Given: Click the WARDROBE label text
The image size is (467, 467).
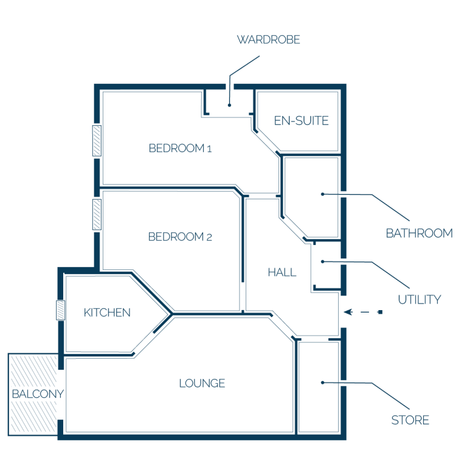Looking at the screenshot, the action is tap(268, 40).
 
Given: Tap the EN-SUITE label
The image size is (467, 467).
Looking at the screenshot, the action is tap(301, 120).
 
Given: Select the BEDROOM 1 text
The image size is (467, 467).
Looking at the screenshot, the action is tap(180, 148).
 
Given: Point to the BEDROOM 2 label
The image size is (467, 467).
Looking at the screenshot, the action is tap(180, 237).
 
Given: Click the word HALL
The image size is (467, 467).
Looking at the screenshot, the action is tap(282, 272).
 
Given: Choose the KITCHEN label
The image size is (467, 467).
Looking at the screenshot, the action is tap(107, 313).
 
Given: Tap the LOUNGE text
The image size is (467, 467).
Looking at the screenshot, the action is tap(202, 383).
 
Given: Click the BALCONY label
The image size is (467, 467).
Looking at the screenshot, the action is tap(38, 394).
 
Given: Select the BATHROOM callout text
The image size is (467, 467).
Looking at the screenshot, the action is tap(419, 233).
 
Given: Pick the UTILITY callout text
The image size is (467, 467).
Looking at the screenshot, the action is tap(420, 300).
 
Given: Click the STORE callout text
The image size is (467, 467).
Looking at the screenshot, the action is tap(410, 420).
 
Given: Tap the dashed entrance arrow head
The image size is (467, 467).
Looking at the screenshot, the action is tap(348, 312).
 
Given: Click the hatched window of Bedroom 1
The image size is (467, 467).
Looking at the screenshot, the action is tap(97, 141).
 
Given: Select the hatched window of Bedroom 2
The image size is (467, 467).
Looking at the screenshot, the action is tap(97, 215).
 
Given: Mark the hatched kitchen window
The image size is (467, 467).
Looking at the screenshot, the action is tap(60, 310).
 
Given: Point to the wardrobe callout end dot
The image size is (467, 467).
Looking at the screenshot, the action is tap(229, 105).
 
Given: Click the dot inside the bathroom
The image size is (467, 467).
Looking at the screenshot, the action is tap(322, 194).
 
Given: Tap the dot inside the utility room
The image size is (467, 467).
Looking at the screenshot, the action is tap(322, 261).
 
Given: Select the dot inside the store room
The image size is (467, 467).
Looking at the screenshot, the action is tap(322, 382).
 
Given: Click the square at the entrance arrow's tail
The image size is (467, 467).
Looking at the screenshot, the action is tap(380, 312).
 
